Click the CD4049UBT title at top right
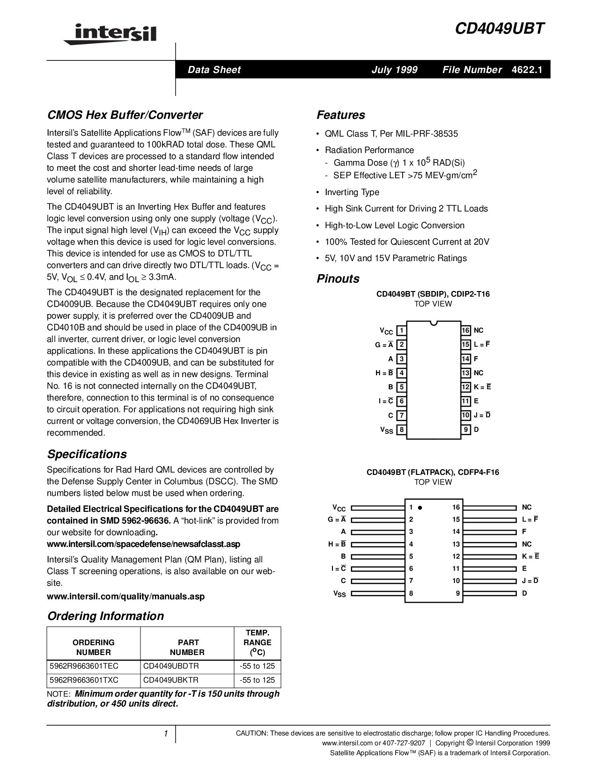500,29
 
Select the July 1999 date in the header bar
394,70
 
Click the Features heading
340,115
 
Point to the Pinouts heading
338,279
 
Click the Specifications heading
87,454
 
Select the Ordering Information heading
105,616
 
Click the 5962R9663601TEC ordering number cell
84,666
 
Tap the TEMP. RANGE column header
257,642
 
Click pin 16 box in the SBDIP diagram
465,331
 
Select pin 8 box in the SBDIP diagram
401,430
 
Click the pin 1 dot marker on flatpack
420,508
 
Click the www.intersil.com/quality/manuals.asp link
125,597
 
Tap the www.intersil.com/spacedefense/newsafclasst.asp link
143,544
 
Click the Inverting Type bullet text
352,192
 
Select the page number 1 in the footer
166,734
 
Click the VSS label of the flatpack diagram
339,594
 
